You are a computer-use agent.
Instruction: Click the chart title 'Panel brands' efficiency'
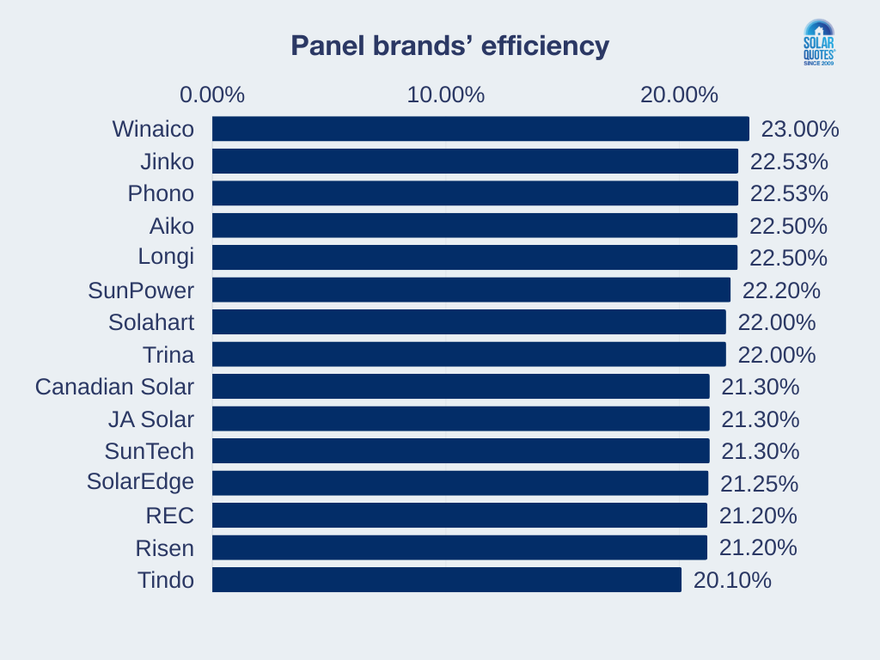pos(449,46)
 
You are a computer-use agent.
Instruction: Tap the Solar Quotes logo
pos(818,44)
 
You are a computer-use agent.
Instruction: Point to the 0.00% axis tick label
pos(211,95)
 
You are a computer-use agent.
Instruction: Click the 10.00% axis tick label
pos(445,95)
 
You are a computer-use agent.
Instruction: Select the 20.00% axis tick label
pos(679,95)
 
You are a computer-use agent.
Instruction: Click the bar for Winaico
pos(480,129)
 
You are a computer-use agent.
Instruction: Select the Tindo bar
pos(446,580)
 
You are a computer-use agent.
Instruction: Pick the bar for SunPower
pos(471,290)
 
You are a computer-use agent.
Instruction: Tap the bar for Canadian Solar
pos(461,387)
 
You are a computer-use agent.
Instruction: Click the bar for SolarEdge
pos(460,483)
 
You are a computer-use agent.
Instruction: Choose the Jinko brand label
pos(168,162)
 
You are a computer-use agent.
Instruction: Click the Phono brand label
pos(161,193)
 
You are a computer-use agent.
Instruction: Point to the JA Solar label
pos(151,419)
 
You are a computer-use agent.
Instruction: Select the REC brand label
pos(169,516)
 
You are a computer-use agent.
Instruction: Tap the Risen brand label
pos(165,547)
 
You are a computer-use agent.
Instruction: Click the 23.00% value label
pos(800,129)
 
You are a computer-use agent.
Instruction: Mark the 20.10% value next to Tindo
pos(732,580)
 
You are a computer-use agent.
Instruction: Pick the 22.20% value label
pos(781,290)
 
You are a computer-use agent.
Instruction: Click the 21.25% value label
pos(759,483)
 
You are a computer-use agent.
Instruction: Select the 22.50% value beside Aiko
pos(788,226)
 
